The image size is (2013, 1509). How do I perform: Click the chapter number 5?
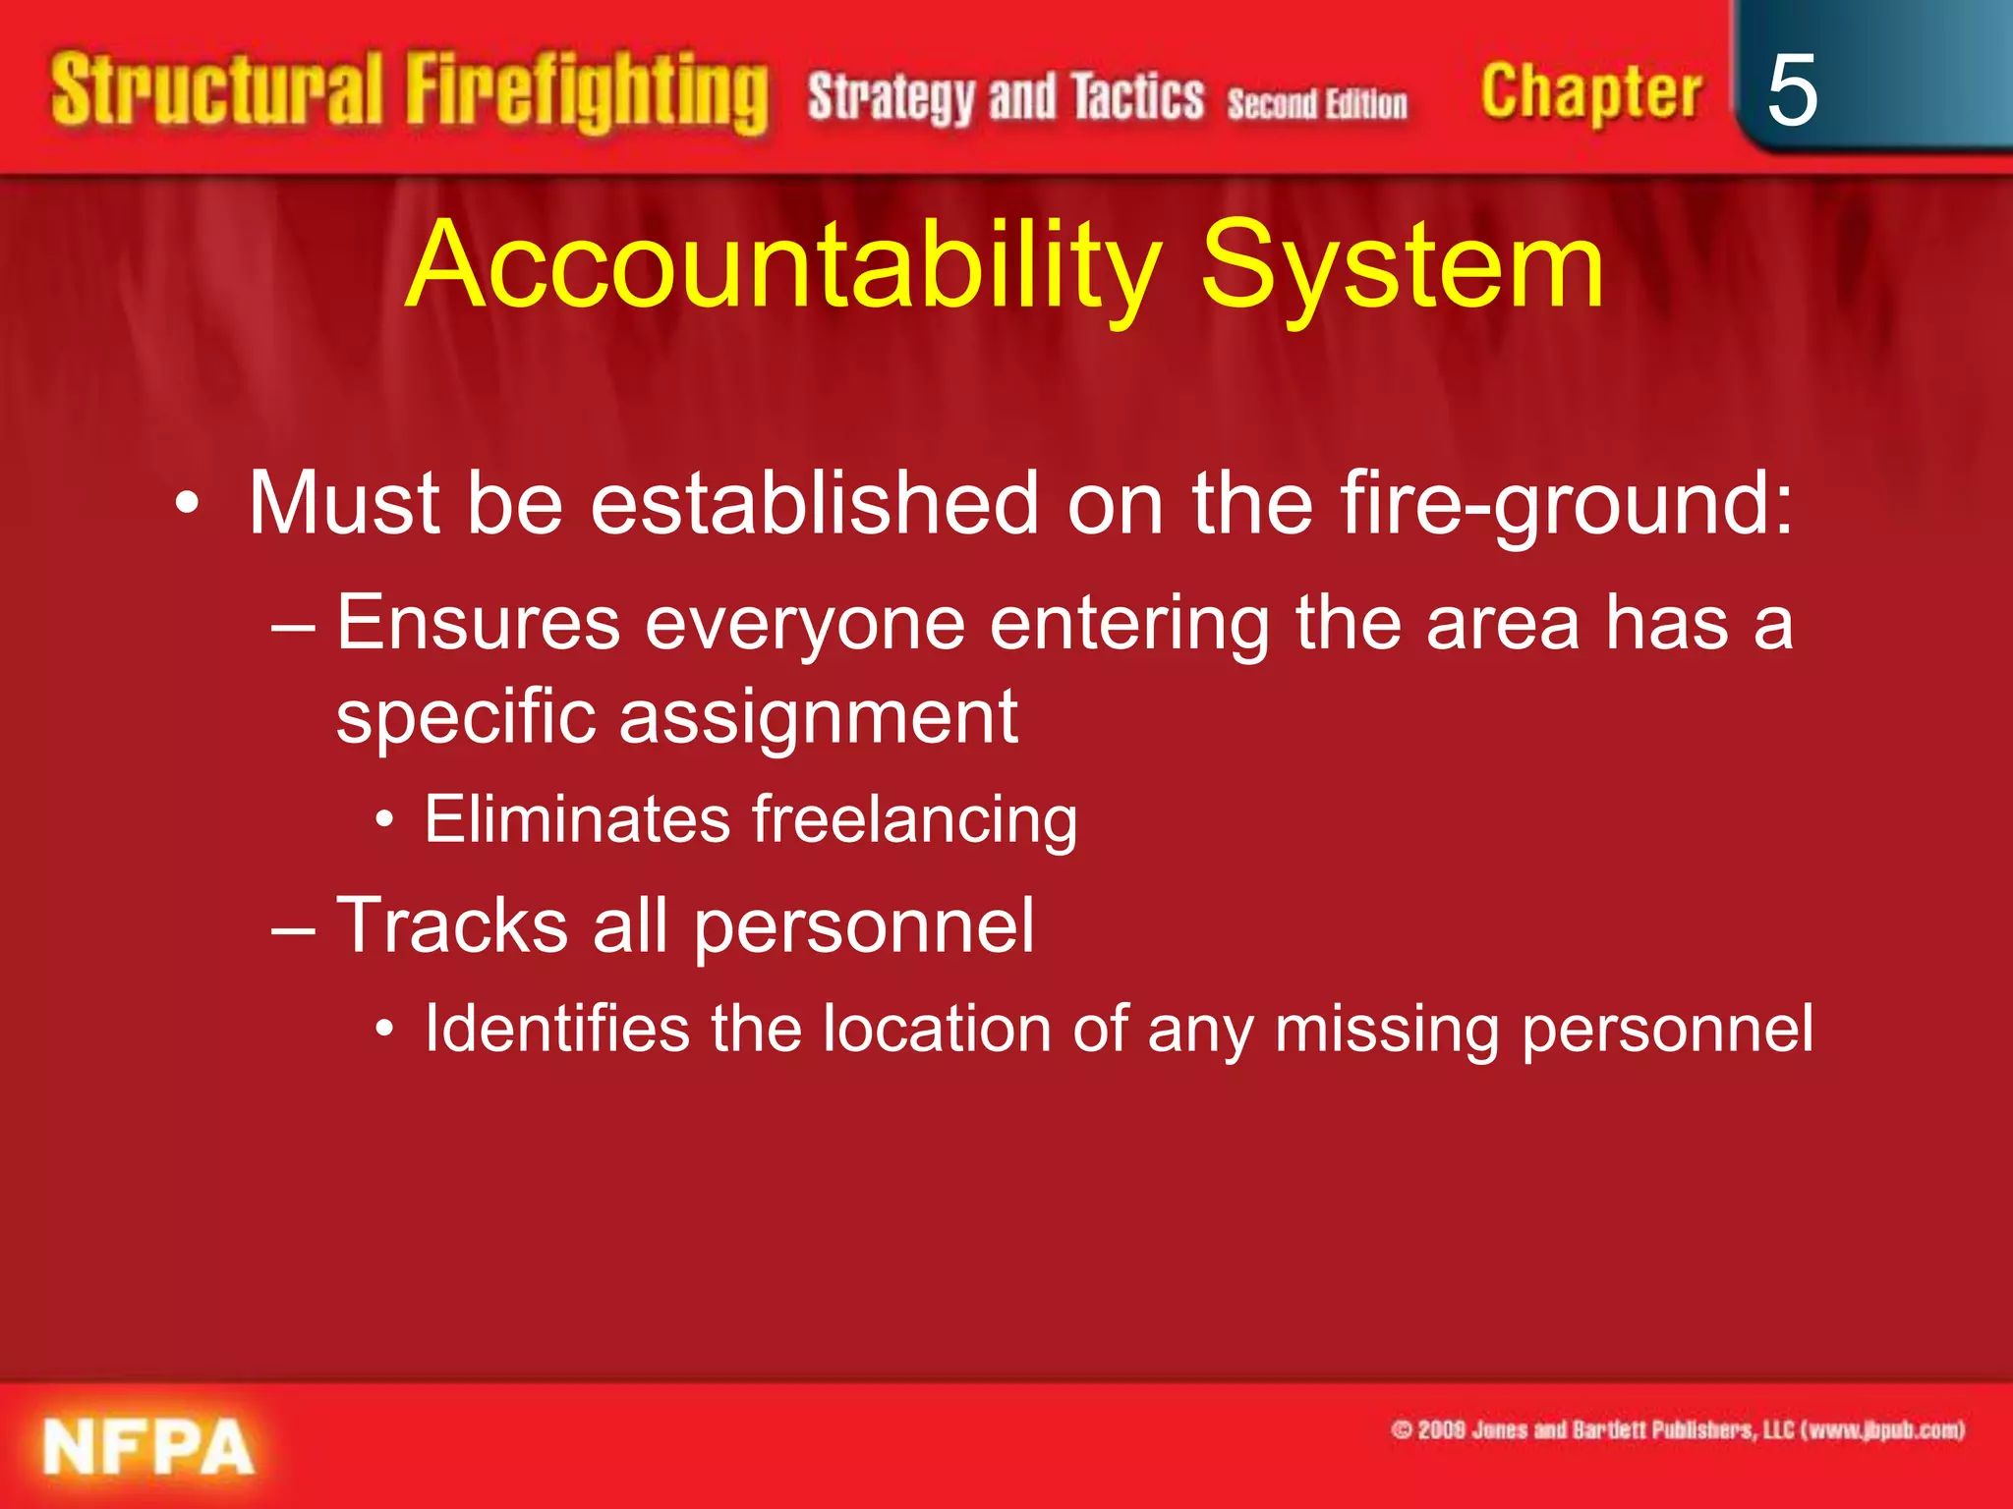click(1792, 91)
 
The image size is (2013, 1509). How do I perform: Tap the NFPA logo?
click(148, 1447)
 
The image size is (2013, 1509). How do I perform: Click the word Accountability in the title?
click(783, 265)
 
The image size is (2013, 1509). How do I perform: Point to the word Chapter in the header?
click(1590, 93)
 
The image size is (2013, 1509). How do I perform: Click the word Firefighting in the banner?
click(587, 93)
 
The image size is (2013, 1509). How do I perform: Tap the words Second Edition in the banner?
click(1316, 103)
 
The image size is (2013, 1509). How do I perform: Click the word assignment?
click(818, 718)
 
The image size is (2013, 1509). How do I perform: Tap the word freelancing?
click(914, 820)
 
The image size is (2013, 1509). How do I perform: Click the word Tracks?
click(452, 925)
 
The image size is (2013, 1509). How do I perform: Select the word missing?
click(1386, 1031)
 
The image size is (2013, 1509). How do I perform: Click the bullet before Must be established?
click(187, 505)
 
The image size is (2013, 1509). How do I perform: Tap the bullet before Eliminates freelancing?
click(385, 820)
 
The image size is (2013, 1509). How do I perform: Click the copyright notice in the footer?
click(1678, 1430)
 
